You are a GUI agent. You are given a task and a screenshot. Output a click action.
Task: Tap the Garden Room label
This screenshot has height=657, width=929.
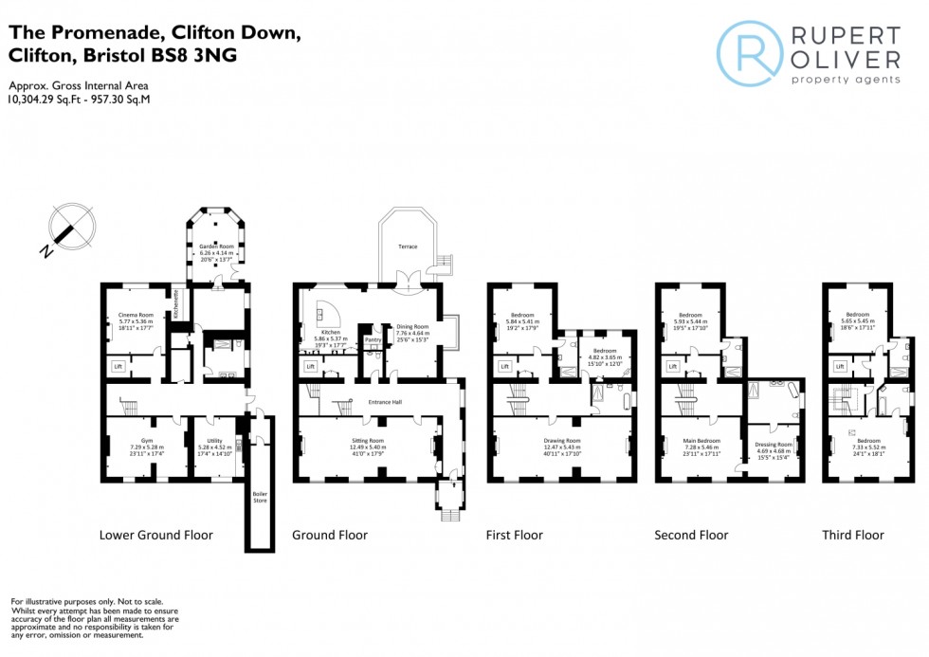point(215,246)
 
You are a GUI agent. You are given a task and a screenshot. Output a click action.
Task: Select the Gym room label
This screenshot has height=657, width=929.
point(147,441)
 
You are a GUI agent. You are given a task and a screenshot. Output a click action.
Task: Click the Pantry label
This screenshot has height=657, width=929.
point(373,338)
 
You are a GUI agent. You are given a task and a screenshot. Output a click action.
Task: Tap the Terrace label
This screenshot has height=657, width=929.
point(407,246)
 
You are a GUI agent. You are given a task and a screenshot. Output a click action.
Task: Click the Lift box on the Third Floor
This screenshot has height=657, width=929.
point(839,366)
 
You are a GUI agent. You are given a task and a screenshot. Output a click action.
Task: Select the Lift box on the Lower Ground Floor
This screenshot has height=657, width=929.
point(118,366)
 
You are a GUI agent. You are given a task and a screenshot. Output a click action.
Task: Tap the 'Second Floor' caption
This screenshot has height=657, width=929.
point(691,536)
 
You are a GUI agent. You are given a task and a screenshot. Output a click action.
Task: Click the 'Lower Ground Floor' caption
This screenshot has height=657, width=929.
point(156,536)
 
